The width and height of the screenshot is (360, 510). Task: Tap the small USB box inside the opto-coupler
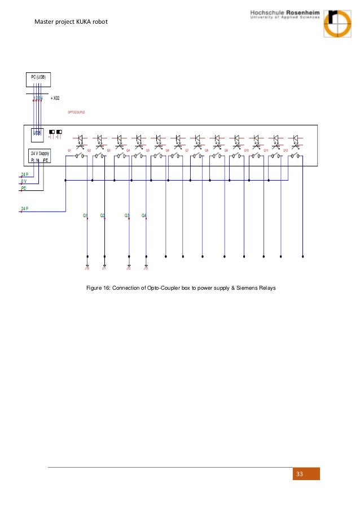tap(37, 133)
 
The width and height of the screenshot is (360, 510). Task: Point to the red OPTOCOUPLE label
tap(76, 112)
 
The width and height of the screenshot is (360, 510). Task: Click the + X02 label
tap(55, 98)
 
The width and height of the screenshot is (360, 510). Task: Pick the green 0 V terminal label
tap(24, 181)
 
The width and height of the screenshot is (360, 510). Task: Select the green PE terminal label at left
tap(24, 188)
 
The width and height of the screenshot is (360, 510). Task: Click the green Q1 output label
tap(85, 215)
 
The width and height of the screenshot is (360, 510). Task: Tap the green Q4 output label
tap(144, 215)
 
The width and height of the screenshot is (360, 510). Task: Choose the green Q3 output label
tap(127, 215)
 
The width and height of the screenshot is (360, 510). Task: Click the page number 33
tap(299, 474)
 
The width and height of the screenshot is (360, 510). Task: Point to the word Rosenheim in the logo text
tap(302, 12)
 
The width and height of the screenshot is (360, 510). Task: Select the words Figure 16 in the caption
tap(97, 288)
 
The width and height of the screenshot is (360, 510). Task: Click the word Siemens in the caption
tap(245, 288)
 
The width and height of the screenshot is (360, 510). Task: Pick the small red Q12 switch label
tap(286, 150)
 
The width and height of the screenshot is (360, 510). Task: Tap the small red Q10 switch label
tap(246, 150)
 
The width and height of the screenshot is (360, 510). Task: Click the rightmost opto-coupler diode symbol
tap(295, 138)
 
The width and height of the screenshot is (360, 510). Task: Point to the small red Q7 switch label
tap(187, 150)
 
